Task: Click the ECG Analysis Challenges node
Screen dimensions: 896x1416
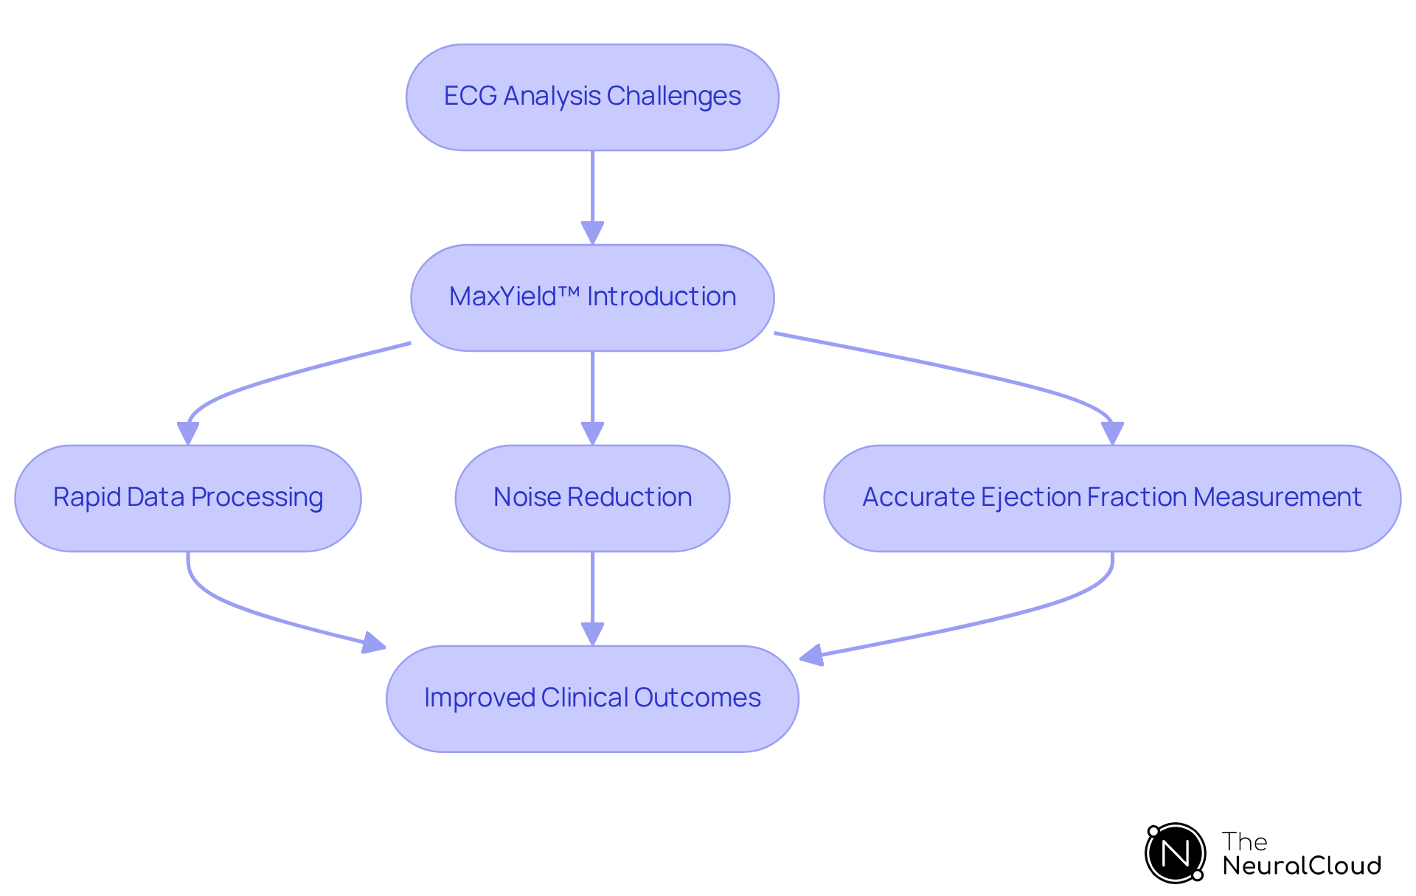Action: point(592,97)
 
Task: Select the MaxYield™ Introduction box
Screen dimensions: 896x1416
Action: point(592,298)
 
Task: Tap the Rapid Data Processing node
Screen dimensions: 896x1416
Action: point(188,499)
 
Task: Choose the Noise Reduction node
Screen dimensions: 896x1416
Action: point(592,499)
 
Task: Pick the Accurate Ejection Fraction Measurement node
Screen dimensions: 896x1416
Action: point(1111,499)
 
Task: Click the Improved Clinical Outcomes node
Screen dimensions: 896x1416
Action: point(592,699)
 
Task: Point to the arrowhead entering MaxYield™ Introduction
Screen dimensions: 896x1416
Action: point(592,233)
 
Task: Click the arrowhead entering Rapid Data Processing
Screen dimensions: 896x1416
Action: point(188,433)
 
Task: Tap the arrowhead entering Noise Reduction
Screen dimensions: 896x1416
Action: point(592,434)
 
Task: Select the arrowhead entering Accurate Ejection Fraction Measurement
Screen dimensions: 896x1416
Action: point(1112,433)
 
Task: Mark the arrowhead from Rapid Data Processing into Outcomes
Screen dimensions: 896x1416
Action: point(374,643)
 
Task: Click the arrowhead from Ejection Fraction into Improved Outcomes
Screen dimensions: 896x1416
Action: point(811,655)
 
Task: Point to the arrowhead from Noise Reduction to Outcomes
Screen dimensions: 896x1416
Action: point(592,634)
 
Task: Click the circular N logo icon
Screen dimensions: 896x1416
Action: point(1175,853)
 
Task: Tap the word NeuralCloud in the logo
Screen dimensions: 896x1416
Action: point(1301,866)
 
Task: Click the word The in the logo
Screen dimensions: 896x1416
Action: point(1244,841)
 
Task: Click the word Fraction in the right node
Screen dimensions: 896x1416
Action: point(1136,497)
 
